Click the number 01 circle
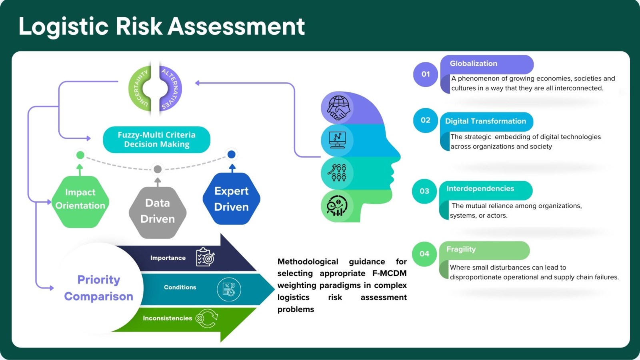tap(426, 74)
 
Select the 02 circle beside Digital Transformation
tap(426, 120)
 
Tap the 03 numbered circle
tap(424, 191)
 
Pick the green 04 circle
tap(424, 254)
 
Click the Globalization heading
tap(474, 64)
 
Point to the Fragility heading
tap(461, 249)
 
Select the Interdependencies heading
tap(480, 189)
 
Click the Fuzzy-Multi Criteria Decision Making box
tap(156, 140)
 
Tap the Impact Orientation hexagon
tap(80, 199)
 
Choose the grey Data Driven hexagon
tap(158, 211)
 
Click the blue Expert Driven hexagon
tap(232, 199)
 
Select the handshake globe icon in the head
tap(338, 108)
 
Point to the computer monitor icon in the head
tap(338, 140)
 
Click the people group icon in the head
tap(337, 173)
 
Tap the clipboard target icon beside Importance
tap(205, 257)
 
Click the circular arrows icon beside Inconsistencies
tap(207, 318)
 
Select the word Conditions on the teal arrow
tap(180, 287)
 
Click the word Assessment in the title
tap(236, 26)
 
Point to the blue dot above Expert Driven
tap(231, 154)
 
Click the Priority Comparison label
tap(99, 288)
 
